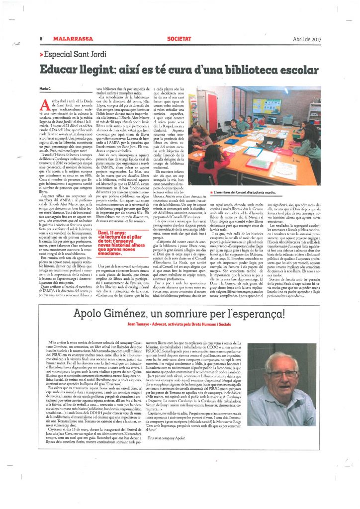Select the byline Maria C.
point(45,88)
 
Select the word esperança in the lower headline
point(263,313)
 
